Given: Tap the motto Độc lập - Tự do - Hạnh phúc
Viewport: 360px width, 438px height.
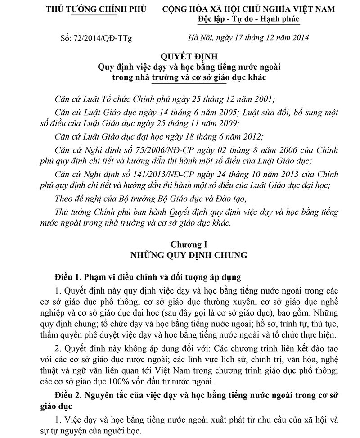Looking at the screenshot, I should (248, 19).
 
